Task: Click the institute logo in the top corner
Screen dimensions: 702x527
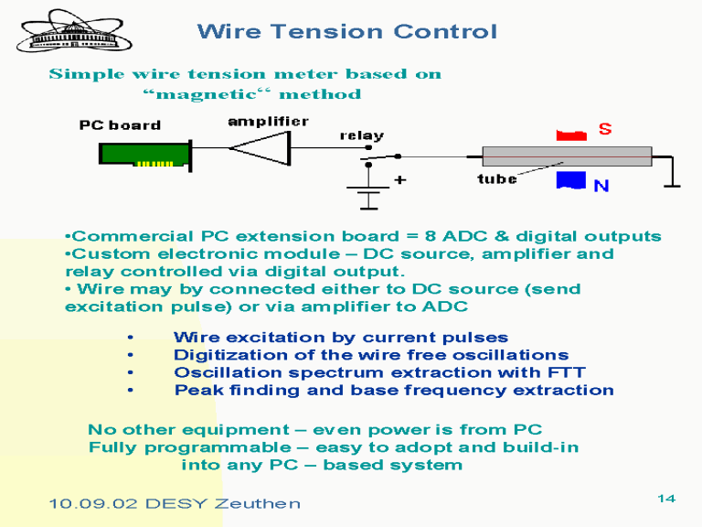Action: coord(74,31)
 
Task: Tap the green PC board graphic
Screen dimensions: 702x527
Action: coord(145,155)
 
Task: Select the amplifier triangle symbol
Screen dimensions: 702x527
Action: coord(261,148)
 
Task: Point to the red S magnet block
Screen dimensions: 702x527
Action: coord(571,135)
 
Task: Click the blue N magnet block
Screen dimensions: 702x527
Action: coord(571,180)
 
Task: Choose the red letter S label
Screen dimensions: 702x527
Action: coord(605,129)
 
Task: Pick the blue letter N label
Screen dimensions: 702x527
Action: coord(601,186)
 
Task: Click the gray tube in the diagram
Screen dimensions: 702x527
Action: coord(567,156)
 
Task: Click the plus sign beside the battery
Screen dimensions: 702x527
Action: coord(400,180)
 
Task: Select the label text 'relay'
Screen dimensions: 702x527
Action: coord(362,135)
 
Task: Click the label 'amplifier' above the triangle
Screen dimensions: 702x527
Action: coord(268,122)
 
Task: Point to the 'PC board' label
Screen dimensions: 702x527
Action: coord(120,125)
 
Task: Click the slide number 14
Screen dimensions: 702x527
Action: coord(666,499)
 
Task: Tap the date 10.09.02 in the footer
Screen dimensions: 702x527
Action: coord(92,504)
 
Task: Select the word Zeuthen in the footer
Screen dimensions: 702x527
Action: coord(257,504)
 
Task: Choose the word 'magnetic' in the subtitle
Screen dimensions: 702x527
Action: coord(207,94)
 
